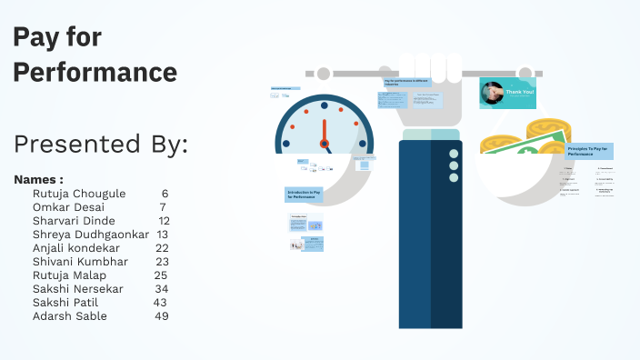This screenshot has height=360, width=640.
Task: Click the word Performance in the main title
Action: (95, 71)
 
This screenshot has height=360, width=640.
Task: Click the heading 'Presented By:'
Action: (101, 144)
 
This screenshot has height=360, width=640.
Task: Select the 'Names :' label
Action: (39, 179)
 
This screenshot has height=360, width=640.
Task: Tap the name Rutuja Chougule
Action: (79, 194)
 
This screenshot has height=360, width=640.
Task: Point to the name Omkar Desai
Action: (68, 207)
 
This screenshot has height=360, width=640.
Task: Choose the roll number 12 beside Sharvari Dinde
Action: (164, 221)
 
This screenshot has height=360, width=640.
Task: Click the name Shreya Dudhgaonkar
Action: (90, 235)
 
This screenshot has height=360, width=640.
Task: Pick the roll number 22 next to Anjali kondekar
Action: (162, 248)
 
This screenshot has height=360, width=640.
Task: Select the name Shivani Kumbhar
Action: (80, 262)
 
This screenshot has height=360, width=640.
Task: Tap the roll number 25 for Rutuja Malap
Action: (161, 275)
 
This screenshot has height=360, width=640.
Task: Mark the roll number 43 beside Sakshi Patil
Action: (160, 303)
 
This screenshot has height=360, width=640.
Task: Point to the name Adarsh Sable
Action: (69, 316)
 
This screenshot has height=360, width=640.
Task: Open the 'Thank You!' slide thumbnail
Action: (508, 93)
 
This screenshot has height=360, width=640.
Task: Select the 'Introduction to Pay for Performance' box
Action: (304, 195)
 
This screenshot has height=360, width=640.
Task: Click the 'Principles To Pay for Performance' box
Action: (589, 151)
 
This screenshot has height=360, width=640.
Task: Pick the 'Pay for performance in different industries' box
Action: (411, 82)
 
